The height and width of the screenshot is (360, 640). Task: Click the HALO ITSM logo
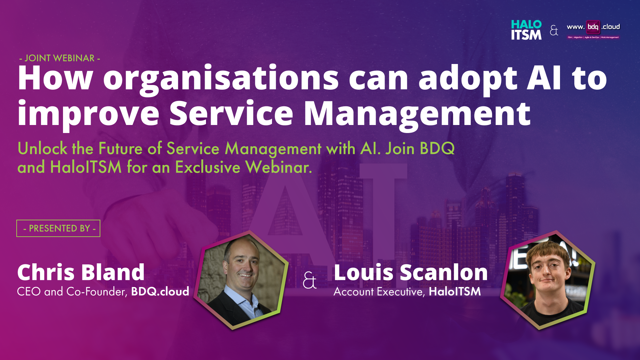coord(526,30)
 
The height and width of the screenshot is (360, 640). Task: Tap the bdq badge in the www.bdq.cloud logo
coord(593,27)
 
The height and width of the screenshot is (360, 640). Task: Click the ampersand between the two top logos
coord(554,30)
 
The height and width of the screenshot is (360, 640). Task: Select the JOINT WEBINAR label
coord(60,58)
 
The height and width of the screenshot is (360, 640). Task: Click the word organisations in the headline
coord(221,79)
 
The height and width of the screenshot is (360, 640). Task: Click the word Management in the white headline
coord(417,114)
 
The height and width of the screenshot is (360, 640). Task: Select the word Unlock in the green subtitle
coord(42,148)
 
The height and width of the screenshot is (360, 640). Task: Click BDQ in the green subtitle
coord(437,148)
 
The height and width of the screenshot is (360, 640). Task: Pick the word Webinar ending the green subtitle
coord(278,167)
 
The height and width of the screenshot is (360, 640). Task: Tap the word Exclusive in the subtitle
coord(208,167)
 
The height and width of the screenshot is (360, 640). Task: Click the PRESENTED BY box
coord(58,228)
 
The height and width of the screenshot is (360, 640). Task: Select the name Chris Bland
coord(81,272)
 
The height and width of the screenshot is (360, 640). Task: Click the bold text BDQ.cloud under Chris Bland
coord(160,291)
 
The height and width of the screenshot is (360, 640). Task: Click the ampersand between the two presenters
coord(310,280)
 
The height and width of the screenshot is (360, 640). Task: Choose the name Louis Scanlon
coord(411,272)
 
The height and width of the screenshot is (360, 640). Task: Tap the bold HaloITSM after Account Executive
coord(455,291)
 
